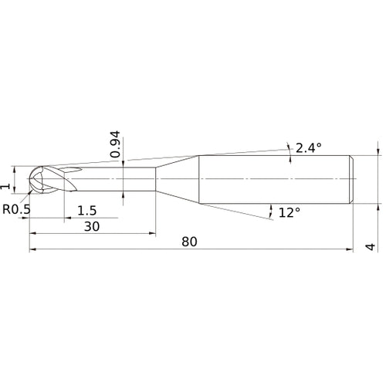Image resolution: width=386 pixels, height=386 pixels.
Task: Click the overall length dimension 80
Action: point(189,241)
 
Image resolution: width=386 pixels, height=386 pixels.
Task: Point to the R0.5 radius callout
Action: point(17,209)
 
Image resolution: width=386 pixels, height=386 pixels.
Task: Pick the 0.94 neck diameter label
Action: point(114,144)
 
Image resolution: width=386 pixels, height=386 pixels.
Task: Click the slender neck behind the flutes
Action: point(116,180)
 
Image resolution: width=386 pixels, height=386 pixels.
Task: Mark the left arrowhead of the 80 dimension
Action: point(33,249)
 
